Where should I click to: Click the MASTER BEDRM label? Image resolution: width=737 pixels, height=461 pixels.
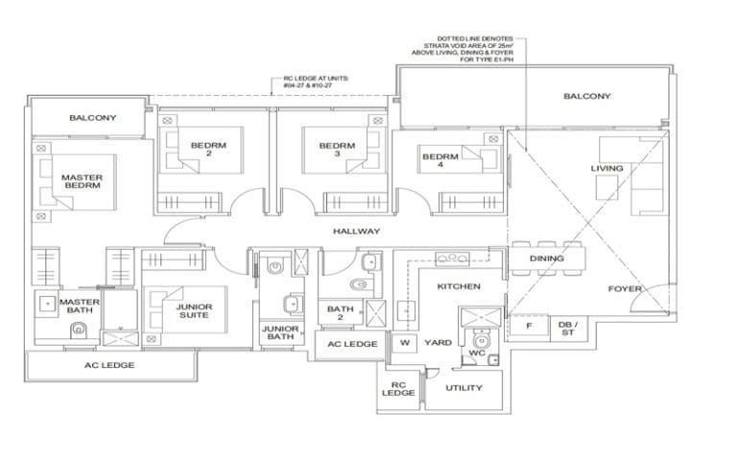[x=82, y=182]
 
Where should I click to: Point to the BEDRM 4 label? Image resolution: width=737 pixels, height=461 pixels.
[x=440, y=161]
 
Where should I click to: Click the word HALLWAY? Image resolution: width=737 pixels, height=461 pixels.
[x=356, y=231]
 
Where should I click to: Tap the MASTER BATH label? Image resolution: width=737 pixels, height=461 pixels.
[x=78, y=305]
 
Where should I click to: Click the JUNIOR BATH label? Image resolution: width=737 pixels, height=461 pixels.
[x=281, y=332]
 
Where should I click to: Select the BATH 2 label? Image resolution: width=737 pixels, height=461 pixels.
[x=341, y=313]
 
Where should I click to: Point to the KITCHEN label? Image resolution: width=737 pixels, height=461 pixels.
[x=458, y=287]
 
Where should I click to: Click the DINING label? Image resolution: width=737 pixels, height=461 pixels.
[x=546, y=258]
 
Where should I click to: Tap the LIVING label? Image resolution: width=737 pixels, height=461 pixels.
[x=606, y=169]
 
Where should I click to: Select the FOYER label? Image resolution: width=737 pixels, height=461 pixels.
[x=624, y=289]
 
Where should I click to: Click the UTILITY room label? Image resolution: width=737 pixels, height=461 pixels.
[x=464, y=388]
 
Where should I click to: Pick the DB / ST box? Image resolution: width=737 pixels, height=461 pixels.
[x=568, y=329]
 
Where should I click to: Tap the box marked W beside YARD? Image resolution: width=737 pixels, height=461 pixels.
[x=404, y=343]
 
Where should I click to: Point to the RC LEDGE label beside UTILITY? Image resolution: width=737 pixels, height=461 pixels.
[x=397, y=388]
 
